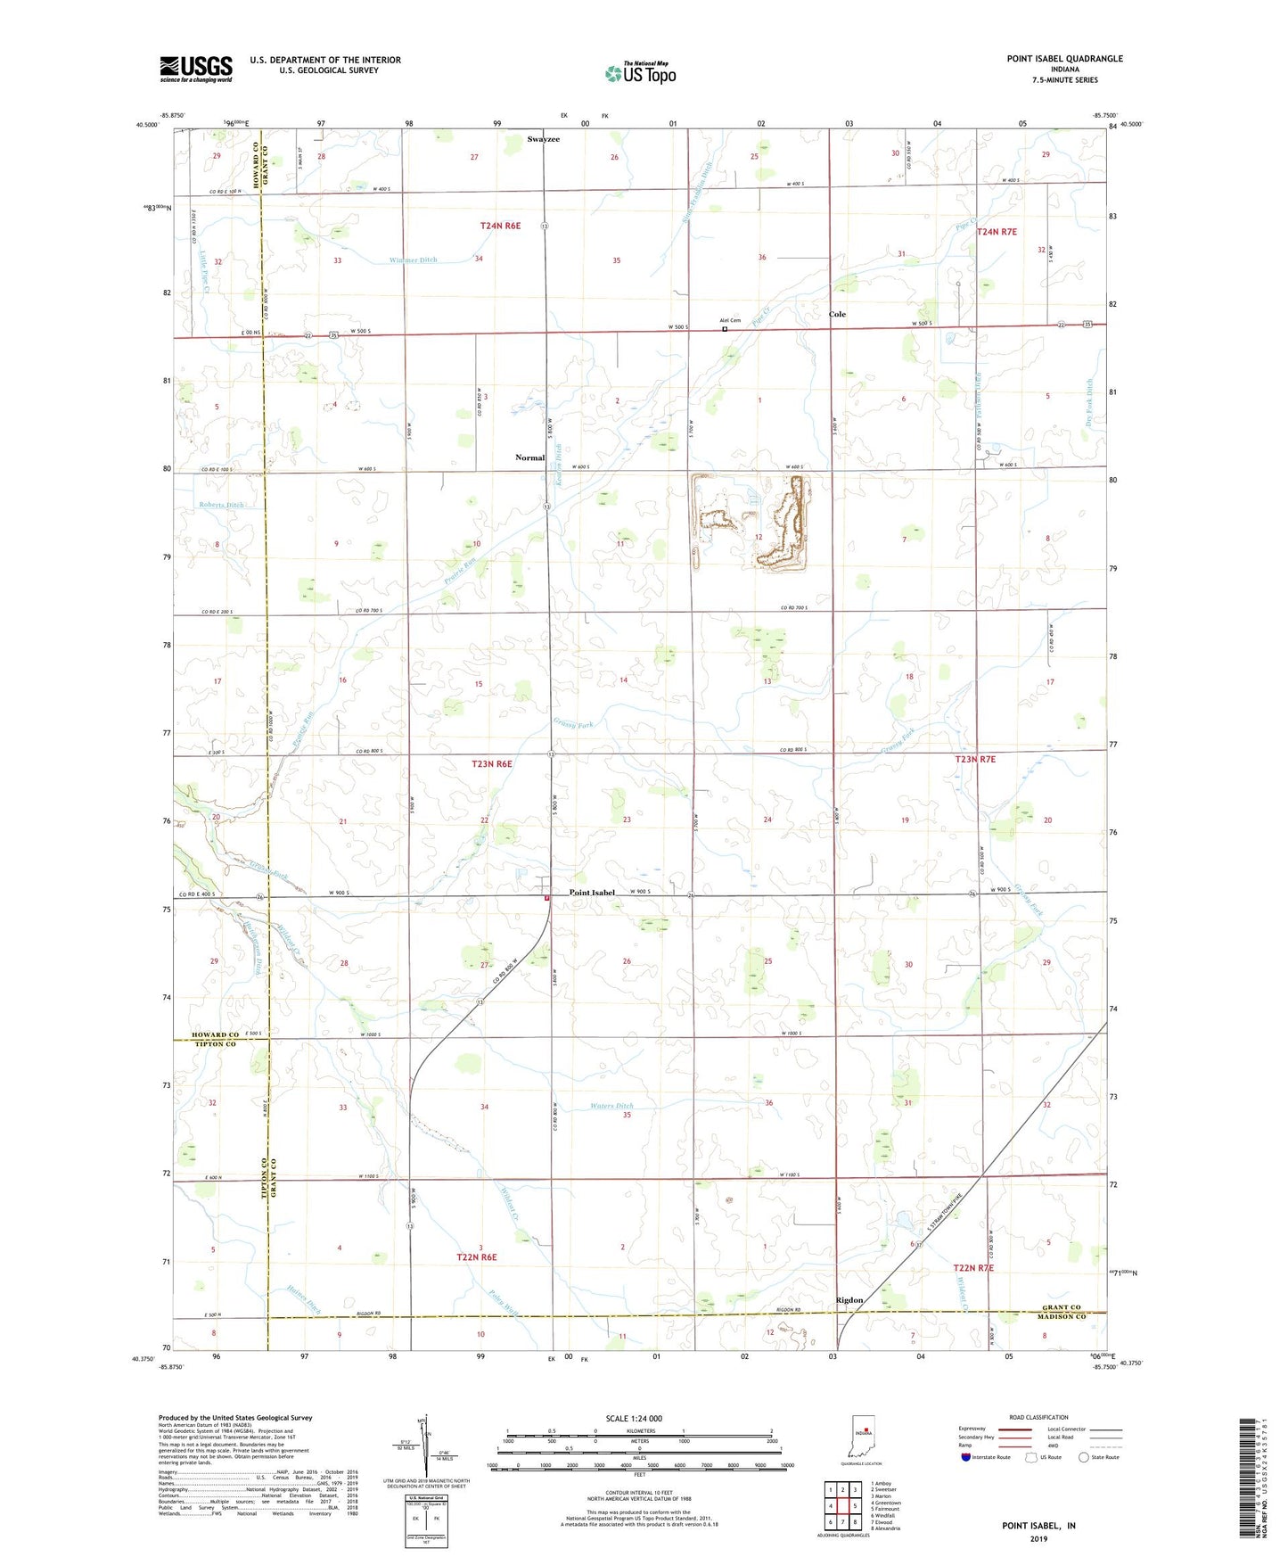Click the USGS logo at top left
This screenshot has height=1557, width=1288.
[x=196, y=68]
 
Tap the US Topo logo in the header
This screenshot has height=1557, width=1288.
[x=640, y=72]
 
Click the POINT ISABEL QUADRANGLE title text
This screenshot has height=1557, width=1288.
[x=1064, y=59]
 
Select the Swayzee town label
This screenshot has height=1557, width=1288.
[x=543, y=139]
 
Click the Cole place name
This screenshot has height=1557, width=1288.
[x=837, y=314]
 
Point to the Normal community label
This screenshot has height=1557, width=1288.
[x=529, y=457]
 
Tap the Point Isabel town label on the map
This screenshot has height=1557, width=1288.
[x=592, y=893]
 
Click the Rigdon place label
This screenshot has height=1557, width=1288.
[x=849, y=1300]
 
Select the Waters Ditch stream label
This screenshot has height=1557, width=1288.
[x=611, y=1106]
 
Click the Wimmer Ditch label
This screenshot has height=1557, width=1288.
[x=413, y=260]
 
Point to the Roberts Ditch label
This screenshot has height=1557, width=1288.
[x=221, y=505]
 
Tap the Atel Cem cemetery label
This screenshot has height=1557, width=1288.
[x=730, y=321]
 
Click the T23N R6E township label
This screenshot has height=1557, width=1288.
[x=492, y=764]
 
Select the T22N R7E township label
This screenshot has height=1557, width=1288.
[x=973, y=1267]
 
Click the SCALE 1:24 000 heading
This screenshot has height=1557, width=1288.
[x=634, y=1418]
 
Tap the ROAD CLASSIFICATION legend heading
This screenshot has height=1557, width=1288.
[x=1038, y=1417]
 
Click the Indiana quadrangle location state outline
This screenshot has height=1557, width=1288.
[x=862, y=1438]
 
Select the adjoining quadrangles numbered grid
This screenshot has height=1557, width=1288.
[x=842, y=1509]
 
